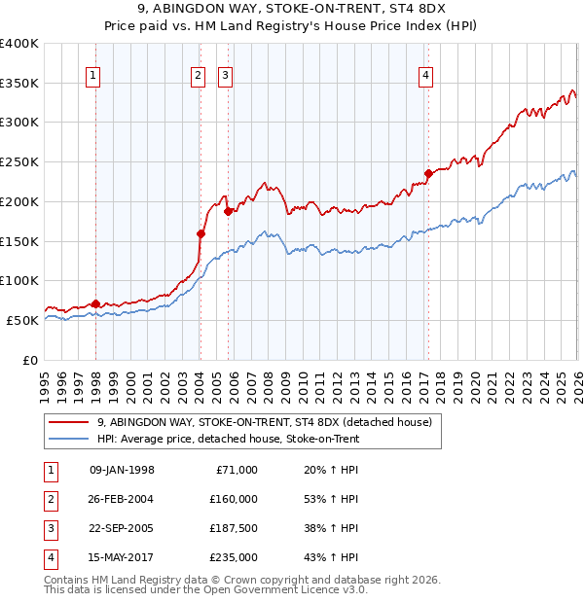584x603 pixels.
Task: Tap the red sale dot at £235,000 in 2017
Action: tap(427, 174)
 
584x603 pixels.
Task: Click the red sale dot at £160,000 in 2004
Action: tap(201, 233)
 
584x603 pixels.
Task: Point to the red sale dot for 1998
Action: tap(95, 303)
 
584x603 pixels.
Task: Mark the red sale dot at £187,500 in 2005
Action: tap(228, 211)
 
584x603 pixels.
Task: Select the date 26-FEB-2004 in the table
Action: tap(122, 499)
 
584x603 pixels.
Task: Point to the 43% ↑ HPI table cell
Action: tap(331, 557)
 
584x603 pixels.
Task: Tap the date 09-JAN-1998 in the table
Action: tap(122, 470)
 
